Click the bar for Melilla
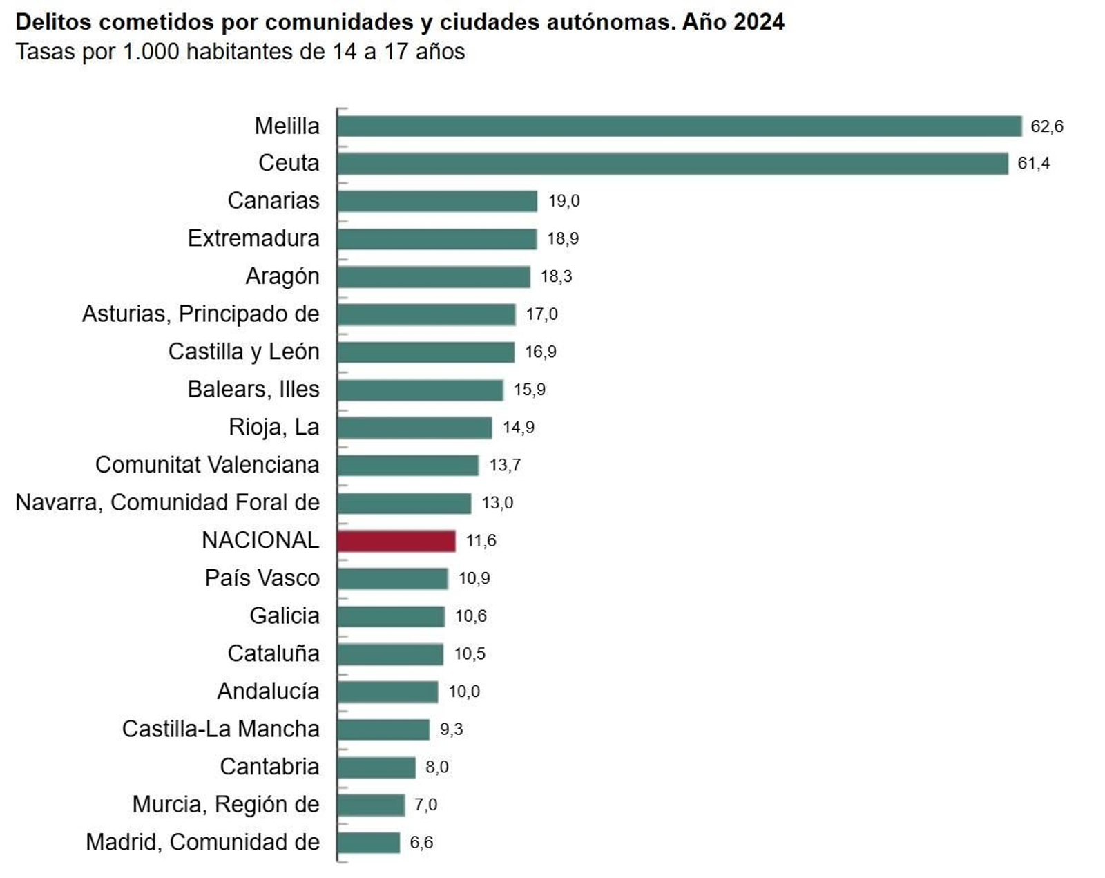point(679,126)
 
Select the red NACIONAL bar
point(396,541)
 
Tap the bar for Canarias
point(437,201)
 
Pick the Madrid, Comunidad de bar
point(369,843)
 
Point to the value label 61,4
point(1033,164)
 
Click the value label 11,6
point(481,541)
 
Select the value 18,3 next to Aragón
point(556,277)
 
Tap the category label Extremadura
point(253,238)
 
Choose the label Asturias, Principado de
point(200,314)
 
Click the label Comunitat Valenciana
point(207,465)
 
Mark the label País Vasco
point(262,578)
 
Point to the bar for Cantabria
point(376,767)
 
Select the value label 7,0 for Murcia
point(425,805)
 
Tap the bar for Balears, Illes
point(420,390)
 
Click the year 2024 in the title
point(758,22)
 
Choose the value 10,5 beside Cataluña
point(470,654)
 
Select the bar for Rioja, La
point(414,428)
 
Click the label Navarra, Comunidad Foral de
point(167,503)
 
